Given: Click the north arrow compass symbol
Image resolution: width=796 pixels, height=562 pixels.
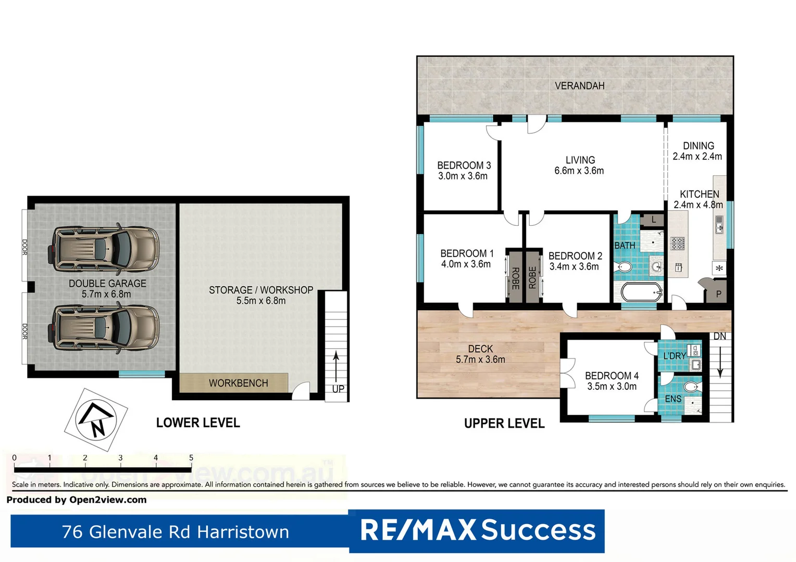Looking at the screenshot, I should coord(96,419).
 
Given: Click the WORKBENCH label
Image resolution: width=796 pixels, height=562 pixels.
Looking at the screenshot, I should coord(238,383).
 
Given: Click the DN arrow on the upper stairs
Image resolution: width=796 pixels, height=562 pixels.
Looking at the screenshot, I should coord(720,361).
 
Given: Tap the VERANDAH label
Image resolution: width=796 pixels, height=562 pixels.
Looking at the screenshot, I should coord(579,86).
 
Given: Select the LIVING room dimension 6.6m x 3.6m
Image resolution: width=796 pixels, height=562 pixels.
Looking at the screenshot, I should coord(579,171).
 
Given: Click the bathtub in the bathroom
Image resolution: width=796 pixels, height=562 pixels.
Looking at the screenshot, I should coord(641,292).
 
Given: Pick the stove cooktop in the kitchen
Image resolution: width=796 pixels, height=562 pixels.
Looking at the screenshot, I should coord(677,244).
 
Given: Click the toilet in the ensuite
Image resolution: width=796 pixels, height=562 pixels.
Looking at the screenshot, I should coord(691,387).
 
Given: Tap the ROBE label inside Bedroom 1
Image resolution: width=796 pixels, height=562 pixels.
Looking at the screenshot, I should coord(515,278).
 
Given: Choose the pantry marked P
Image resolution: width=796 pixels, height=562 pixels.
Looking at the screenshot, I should coord(718,294).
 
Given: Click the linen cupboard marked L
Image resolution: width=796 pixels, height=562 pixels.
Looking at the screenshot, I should coord(653,220).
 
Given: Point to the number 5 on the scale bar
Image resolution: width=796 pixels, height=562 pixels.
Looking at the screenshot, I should coord(191,458).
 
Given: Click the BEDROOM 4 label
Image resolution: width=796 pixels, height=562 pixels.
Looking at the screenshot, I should coord(612,376).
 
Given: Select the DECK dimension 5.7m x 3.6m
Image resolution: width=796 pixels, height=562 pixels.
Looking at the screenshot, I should coord(480,360).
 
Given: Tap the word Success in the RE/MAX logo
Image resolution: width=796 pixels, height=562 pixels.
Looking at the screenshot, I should coord(538,530).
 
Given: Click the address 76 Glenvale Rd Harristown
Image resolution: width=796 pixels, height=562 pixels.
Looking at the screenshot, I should coord(175,532).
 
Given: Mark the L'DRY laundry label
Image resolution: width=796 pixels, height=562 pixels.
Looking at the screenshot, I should coord(674,356).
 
